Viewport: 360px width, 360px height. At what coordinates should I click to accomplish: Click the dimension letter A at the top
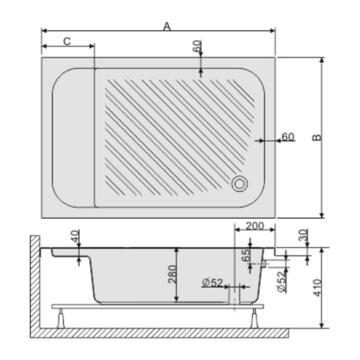[x=167, y=26]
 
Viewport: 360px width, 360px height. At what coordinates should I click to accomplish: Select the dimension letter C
[x=67, y=41]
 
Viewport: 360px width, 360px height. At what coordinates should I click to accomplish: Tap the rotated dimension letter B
[x=316, y=137]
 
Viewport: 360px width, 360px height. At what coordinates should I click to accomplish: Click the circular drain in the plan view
[x=239, y=183]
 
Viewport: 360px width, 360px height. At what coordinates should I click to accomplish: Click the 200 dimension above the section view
[x=255, y=226]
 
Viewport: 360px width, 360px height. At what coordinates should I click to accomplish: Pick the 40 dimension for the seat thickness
[x=75, y=237]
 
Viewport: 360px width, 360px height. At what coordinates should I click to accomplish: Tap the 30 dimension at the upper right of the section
[x=303, y=234]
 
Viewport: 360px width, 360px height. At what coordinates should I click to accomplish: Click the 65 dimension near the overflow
[x=245, y=255]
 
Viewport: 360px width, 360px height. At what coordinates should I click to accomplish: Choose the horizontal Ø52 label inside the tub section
[x=212, y=283]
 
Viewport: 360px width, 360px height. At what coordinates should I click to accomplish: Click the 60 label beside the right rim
[x=288, y=136]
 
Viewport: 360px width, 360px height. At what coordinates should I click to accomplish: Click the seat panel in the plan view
[x=73, y=138]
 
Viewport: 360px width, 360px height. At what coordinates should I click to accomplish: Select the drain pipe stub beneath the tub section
[x=234, y=296]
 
